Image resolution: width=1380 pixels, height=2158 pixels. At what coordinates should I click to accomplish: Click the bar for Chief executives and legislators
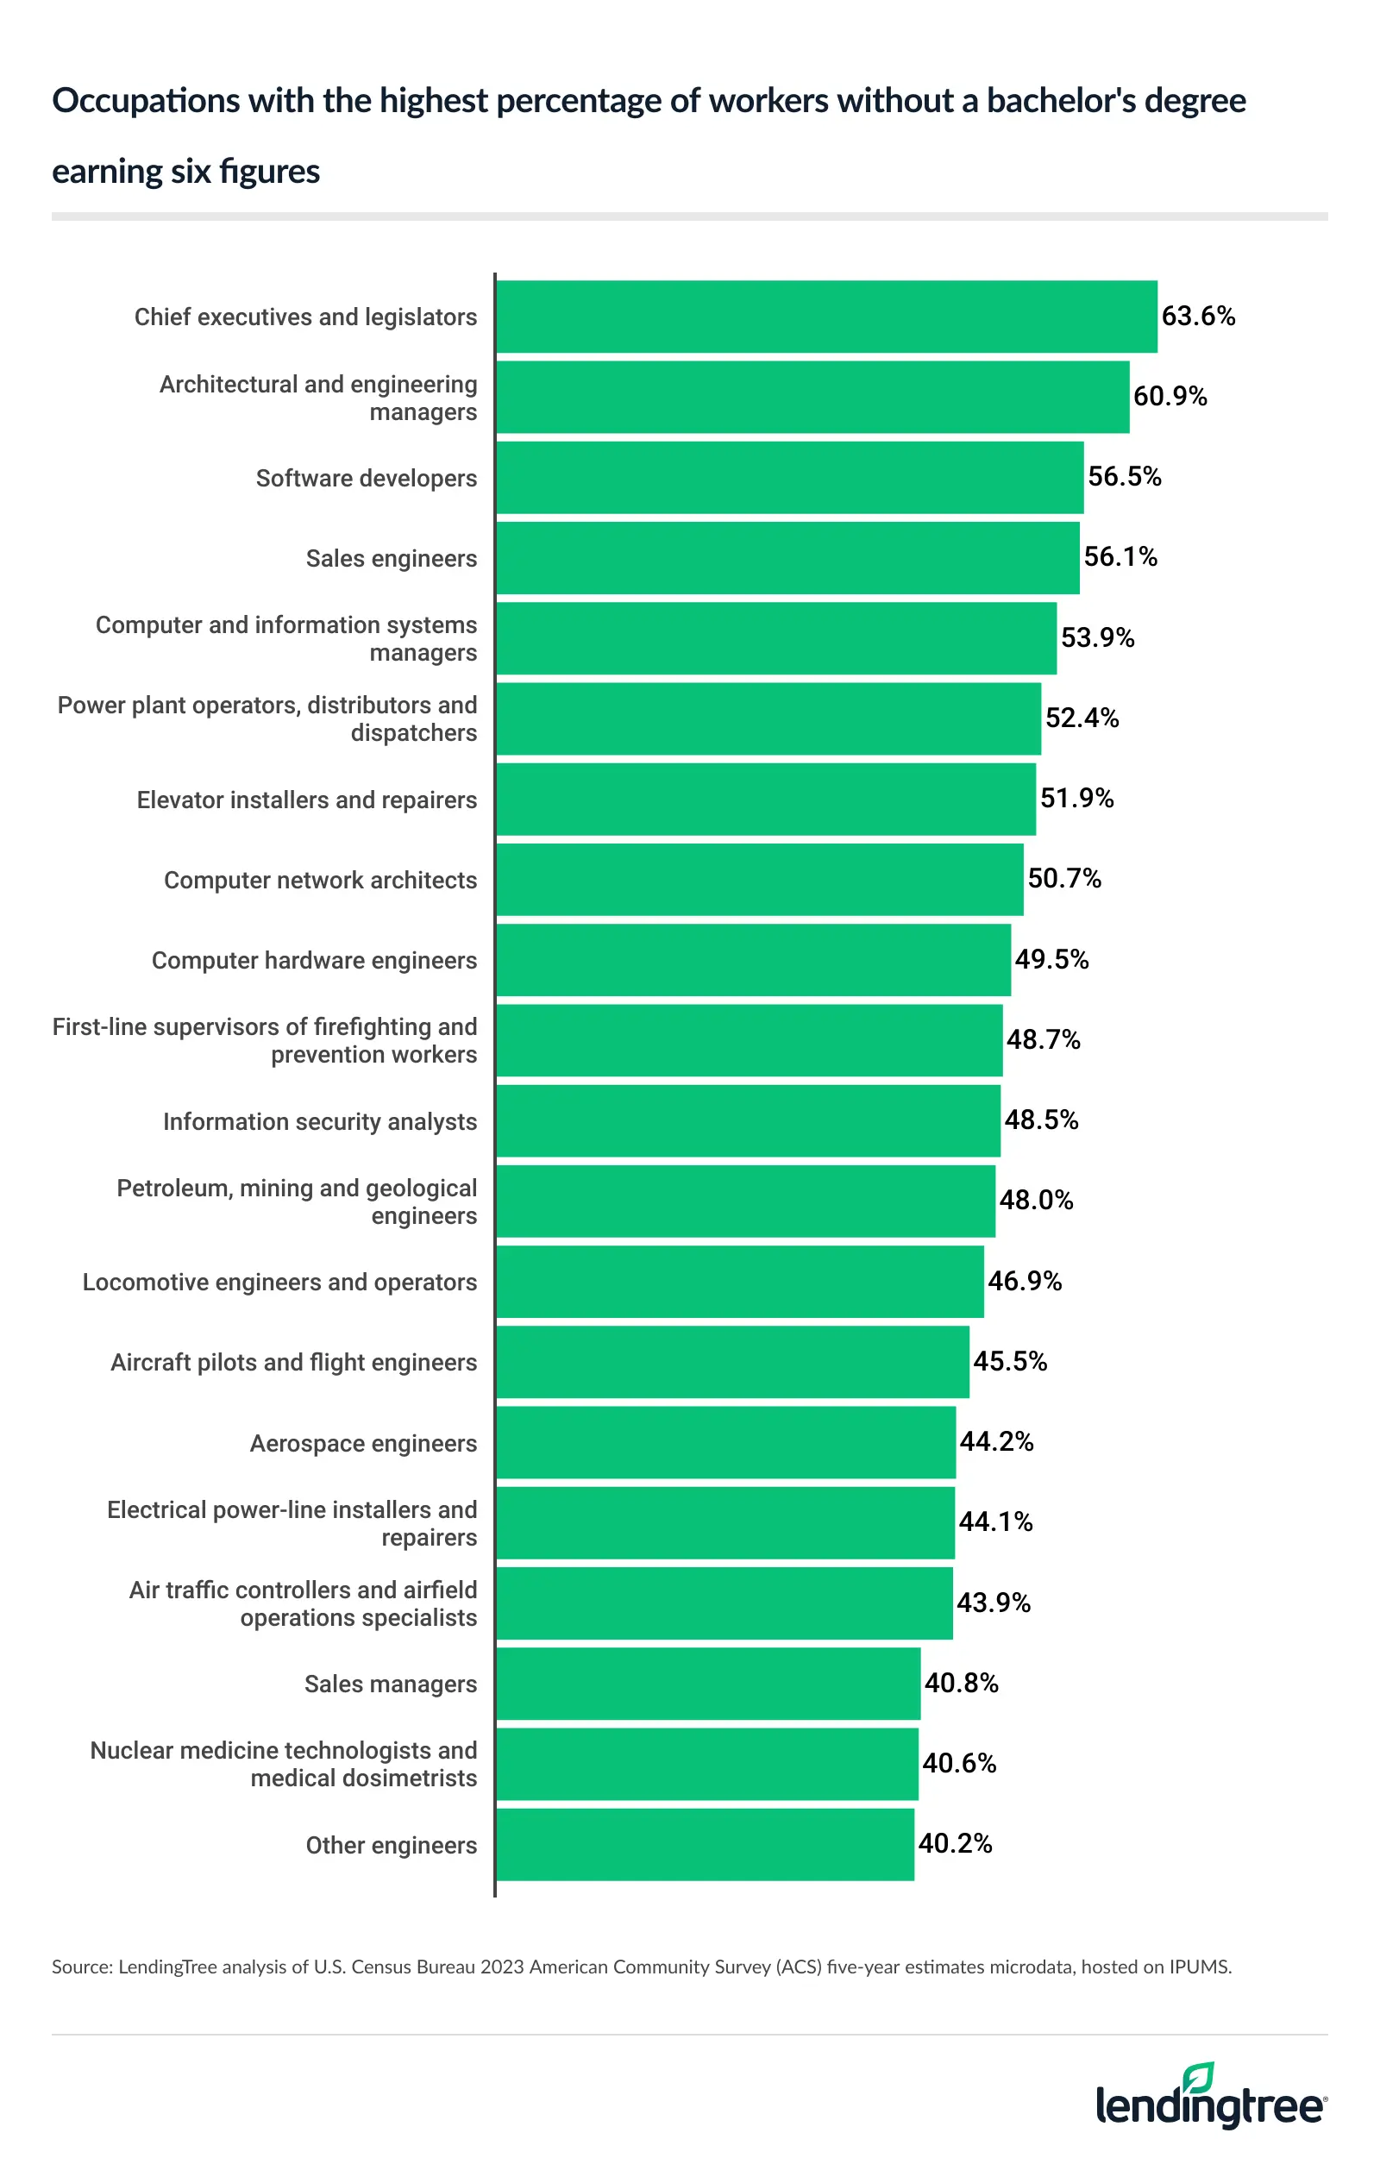[x=826, y=317]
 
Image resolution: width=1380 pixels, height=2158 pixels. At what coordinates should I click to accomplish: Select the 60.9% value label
[x=1170, y=396]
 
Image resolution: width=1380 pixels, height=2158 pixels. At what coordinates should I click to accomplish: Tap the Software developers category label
[x=366, y=478]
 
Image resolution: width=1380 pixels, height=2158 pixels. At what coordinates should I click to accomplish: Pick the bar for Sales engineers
[x=787, y=557]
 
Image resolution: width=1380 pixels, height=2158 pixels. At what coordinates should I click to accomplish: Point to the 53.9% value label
[x=1097, y=637]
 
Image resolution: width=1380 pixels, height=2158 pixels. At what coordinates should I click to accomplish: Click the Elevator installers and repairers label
[x=306, y=800]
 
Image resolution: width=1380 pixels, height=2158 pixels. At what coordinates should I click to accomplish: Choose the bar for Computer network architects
[x=760, y=879]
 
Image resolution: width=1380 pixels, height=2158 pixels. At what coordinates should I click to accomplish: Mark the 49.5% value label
[x=1051, y=959]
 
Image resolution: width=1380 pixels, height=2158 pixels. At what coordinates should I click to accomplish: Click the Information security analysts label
[x=319, y=1121]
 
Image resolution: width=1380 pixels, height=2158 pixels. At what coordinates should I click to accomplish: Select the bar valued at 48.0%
[x=745, y=1201]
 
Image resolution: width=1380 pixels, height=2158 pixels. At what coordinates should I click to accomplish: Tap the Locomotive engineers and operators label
[x=279, y=1282]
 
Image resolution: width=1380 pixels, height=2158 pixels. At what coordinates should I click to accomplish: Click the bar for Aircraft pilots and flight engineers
[x=732, y=1361]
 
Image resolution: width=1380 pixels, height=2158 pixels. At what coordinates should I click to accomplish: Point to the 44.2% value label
[x=996, y=1441]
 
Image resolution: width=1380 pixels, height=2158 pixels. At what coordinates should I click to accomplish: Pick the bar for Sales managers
[x=708, y=1683]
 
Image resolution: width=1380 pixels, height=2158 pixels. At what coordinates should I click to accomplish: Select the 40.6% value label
[x=959, y=1763]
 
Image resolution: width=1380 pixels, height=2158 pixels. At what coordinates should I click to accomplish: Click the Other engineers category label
[x=391, y=1845]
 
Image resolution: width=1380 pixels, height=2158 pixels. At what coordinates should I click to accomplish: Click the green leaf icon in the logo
[x=1197, y=2077]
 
